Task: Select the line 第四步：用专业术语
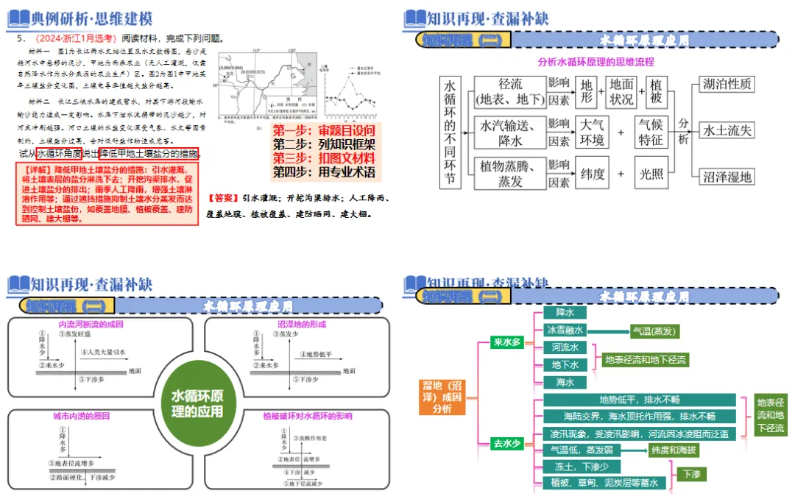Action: (324, 172)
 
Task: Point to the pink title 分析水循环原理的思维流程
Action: (596, 62)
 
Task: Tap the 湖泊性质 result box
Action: (727, 85)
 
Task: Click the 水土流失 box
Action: (727, 130)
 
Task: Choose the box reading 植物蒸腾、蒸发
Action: (510, 174)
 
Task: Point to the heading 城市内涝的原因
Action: (82, 416)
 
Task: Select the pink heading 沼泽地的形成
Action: (302, 324)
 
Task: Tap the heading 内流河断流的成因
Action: (91, 324)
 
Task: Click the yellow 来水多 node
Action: (506, 342)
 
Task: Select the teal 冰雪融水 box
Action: (565, 330)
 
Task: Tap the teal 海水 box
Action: (565, 382)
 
